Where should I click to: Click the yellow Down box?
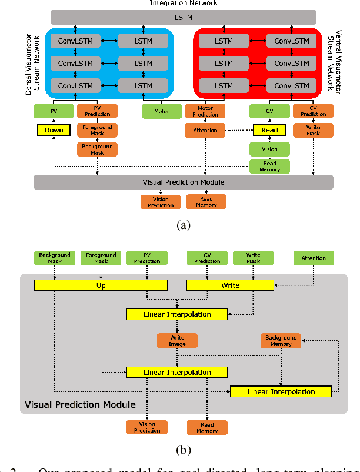[x=54, y=130]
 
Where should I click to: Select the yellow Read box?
[x=269, y=130]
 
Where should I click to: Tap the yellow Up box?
[x=101, y=285]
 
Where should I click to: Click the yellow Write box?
[x=230, y=285]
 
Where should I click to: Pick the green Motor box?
[x=162, y=111]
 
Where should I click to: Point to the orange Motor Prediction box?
[x=205, y=111]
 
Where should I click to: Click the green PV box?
[x=54, y=111]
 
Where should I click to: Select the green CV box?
[x=269, y=111]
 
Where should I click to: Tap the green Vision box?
[x=269, y=149]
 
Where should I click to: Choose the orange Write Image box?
[x=177, y=340]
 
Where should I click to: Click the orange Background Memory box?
[x=281, y=340]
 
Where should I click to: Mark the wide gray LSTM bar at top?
[x=183, y=18]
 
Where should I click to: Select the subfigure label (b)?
[x=183, y=450]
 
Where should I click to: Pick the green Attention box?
[x=314, y=258]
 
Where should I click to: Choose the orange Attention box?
[x=205, y=130]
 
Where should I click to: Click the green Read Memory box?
[x=269, y=167]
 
